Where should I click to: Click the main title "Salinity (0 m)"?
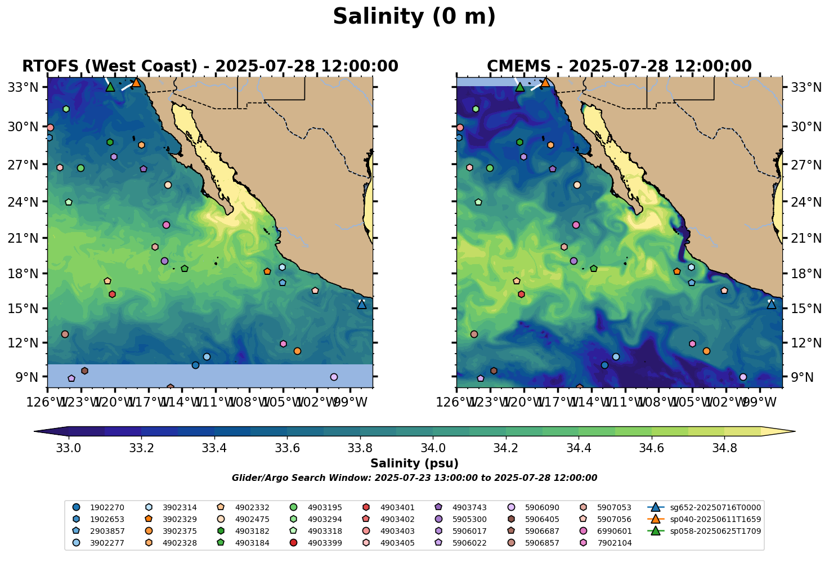click(x=414, y=17)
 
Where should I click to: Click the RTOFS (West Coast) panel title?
click(x=210, y=66)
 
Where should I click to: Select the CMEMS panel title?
click(x=619, y=66)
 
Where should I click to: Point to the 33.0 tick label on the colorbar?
click(x=69, y=448)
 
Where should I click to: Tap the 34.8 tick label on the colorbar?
click(x=724, y=448)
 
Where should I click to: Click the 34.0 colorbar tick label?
click(x=433, y=448)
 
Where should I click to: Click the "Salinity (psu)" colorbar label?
click(x=414, y=463)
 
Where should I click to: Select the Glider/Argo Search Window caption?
click(x=414, y=478)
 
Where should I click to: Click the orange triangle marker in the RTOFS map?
click(x=136, y=83)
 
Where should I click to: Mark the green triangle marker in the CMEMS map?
click(x=519, y=87)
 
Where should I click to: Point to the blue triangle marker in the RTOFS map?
click(x=362, y=304)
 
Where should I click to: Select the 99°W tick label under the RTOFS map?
click(x=355, y=403)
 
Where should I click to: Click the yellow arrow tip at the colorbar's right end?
click(x=791, y=432)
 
